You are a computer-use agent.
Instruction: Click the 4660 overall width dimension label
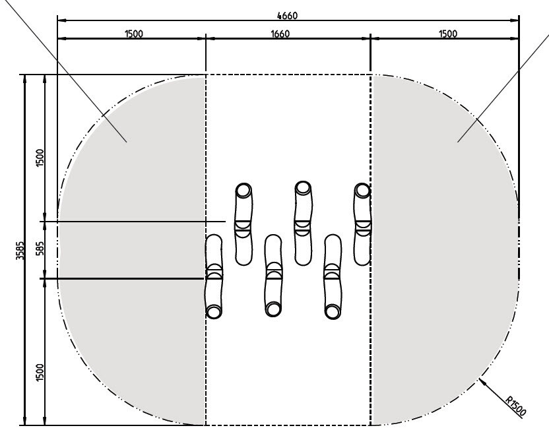point(287,16)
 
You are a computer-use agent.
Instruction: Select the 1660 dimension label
point(280,34)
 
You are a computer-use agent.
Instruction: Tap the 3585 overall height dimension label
point(20,251)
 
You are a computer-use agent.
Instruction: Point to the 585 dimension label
point(41,248)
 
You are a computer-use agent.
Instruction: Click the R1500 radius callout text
point(515,406)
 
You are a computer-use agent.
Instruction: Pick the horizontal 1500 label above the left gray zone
point(134,34)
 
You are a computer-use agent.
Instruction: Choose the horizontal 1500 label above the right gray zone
point(448,34)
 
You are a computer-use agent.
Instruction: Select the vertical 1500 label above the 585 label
point(41,158)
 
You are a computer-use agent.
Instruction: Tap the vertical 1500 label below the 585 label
point(41,373)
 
